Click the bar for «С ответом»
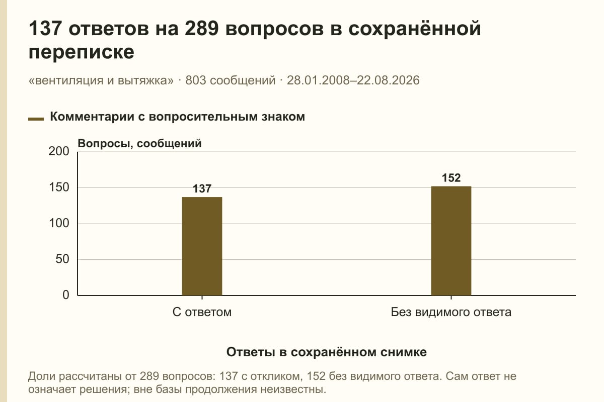click(x=202, y=246)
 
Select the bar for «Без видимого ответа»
click(x=451, y=241)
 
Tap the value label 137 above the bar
click(x=202, y=188)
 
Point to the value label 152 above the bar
click(x=451, y=178)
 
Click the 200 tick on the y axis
click(x=59, y=151)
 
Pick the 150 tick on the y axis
click(x=59, y=187)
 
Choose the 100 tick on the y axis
click(x=59, y=223)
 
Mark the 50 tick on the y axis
click(x=62, y=259)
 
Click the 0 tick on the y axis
click(x=66, y=295)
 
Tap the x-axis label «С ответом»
click(x=202, y=312)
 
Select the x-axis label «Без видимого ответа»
click(x=451, y=312)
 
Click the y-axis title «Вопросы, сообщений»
click(x=140, y=144)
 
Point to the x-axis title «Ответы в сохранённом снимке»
click(x=327, y=352)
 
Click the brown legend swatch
click(x=36, y=119)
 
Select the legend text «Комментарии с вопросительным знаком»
click(x=177, y=117)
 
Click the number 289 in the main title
click(x=201, y=28)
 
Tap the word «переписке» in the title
click(x=81, y=52)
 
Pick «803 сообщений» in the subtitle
click(x=231, y=80)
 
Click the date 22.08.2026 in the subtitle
click(x=388, y=80)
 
